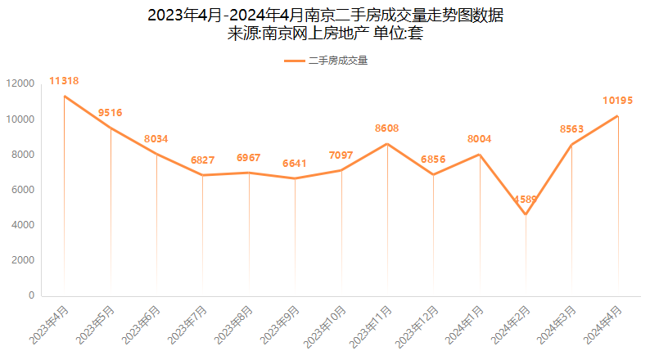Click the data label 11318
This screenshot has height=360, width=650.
click(x=64, y=81)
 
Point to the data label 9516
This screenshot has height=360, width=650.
click(x=111, y=113)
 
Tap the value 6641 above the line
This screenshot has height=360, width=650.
click(x=295, y=163)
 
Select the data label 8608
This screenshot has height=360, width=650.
click(x=387, y=128)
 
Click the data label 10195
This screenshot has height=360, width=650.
click(x=617, y=101)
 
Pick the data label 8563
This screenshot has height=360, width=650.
click(x=571, y=129)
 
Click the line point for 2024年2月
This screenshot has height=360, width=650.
click(x=526, y=214)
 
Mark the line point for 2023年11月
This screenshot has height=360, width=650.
click(x=387, y=144)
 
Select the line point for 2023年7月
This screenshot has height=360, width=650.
click(x=203, y=175)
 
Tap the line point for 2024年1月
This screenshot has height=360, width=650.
click(x=480, y=155)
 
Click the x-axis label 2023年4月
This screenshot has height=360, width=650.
click(x=51, y=324)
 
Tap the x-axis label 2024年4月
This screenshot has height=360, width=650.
click(x=604, y=324)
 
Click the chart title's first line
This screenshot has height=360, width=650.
click(x=325, y=16)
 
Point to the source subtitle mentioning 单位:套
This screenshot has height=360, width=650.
click(x=325, y=34)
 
